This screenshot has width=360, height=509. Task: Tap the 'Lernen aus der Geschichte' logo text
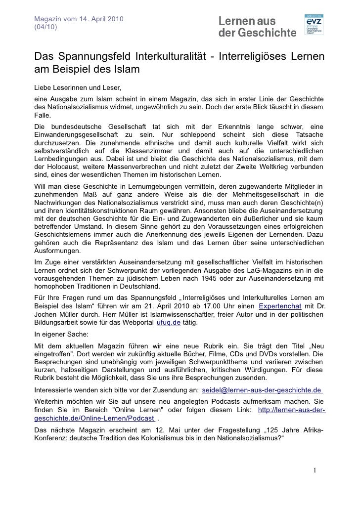(x=257, y=27)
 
